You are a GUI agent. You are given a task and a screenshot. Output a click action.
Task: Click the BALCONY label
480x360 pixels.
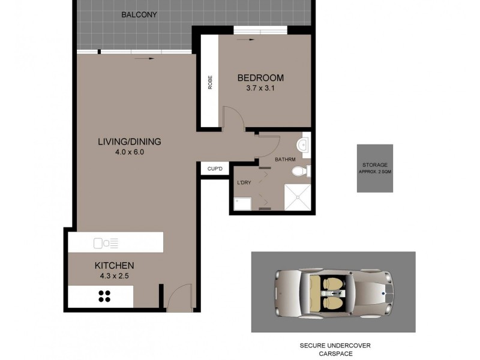tap(139, 14)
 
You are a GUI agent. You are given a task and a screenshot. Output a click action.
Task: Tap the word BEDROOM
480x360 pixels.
tap(260, 78)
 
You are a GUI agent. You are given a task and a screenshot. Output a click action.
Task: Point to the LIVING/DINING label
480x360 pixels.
tap(130, 142)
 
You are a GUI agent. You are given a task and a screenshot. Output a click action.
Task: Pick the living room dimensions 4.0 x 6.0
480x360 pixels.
tap(130, 152)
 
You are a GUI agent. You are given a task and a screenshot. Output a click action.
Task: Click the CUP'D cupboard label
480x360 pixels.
tap(215, 169)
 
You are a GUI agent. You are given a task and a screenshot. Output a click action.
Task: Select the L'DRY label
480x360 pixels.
tap(244, 182)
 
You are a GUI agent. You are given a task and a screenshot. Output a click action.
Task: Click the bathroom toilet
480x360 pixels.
tap(301, 172)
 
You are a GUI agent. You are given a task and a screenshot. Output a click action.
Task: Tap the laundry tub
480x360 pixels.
tap(242, 204)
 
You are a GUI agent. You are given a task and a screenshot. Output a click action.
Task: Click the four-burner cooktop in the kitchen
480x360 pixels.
tap(104, 295)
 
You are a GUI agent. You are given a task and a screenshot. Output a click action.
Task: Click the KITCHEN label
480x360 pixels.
tap(114, 265)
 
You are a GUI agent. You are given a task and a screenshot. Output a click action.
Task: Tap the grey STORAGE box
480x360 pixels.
tap(375, 168)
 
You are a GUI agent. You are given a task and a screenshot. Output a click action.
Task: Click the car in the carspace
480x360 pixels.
tap(333, 292)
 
